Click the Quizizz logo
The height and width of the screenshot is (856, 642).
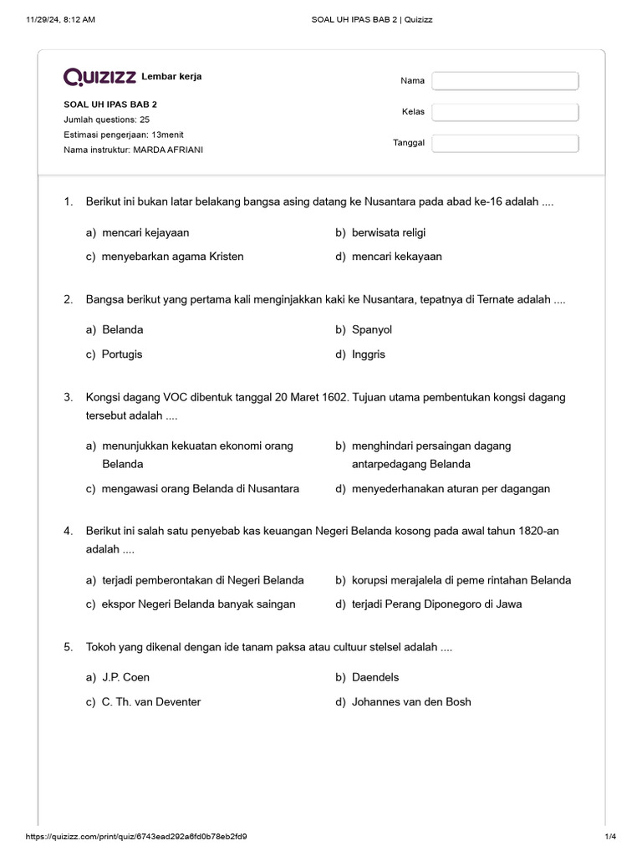pyautogui.click(x=100, y=78)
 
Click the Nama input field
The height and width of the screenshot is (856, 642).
pyautogui.click(x=505, y=80)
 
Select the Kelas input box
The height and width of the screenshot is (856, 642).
pyautogui.click(x=505, y=112)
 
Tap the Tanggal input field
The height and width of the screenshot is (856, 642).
pyautogui.click(x=505, y=143)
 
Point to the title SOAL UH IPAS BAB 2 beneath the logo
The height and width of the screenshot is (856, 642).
pyautogui.click(x=110, y=104)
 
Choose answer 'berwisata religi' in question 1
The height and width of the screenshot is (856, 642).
pyautogui.click(x=389, y=232)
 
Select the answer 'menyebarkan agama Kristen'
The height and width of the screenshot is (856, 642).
pyautogui.click(x=172, y=257)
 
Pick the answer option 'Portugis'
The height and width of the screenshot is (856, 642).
pyautogui.click(x=122, y=354)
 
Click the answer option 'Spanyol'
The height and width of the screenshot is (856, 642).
pyautogui.click(x=372, y=329)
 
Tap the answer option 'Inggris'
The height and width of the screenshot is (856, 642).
pyautogui.click(x=369, y=354)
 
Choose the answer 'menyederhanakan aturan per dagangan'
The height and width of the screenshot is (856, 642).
pyautogui.click(x=451, y=488)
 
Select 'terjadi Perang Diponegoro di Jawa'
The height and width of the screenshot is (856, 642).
pyautogui.click(x=437, y=604)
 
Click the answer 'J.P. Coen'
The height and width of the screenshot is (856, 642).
pyautogui.click(x=125, y=677)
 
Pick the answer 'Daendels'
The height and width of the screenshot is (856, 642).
pyautogui.click(x=375, y=677)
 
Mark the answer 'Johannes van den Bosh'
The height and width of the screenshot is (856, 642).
pyautogui.click(x=411, y=701)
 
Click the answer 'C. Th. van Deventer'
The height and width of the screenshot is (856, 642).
pyautogui.click(x=151, y=701)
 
